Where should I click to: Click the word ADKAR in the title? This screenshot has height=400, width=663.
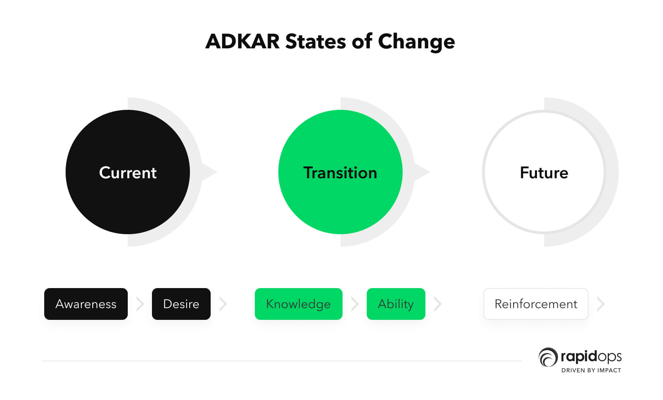[242, 41]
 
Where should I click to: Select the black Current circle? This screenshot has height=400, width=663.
[128, 172]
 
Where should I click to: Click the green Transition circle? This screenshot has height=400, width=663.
[340, 172]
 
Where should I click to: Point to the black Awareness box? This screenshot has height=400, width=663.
[86, 304]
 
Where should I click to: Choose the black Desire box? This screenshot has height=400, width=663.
[181, 304]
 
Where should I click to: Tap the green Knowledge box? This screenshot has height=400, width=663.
[299, 304]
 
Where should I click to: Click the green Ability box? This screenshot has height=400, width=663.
[396, 304]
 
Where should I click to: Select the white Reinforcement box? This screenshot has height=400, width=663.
[536, 304]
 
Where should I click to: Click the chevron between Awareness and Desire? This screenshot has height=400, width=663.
[140, 304]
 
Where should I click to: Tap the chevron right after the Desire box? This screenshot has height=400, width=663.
[223, 304]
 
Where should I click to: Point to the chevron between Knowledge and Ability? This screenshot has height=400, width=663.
[355, 304]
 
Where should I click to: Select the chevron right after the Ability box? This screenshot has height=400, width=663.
[438, 304]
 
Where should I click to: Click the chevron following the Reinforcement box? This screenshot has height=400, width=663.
[601, 304]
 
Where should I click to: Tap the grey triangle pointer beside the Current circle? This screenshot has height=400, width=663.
[208, 172]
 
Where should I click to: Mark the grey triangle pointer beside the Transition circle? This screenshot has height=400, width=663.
[421, 172]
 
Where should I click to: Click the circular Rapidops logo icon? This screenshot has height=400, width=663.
[548, 357]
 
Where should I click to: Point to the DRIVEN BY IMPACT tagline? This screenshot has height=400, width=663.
[591, 370]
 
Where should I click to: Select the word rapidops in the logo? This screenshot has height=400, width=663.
[591, 356]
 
